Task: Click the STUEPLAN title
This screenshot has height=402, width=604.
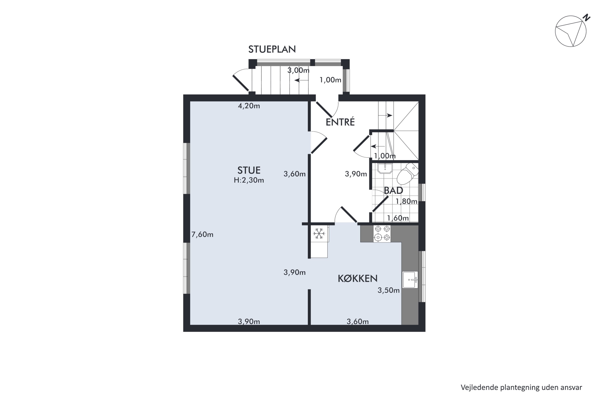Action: coord(272,49)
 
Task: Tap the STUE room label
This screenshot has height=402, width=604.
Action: coord(249,170)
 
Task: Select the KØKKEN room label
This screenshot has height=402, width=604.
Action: coord(358,278)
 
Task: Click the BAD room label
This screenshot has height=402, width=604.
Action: coord(393,191)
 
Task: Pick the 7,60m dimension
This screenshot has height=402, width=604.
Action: coord(202,235)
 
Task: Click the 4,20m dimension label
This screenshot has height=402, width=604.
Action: coord(249,106)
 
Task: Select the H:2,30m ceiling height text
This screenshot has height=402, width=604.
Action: coord(249,180)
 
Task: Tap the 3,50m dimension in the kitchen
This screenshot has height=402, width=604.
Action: coord(389,290)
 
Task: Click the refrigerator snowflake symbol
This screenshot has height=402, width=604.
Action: coord(319,234)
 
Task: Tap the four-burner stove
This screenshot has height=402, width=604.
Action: coord(382,234)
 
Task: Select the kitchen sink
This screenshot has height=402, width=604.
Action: coord(410,280)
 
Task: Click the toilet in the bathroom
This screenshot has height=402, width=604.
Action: coord(407,174)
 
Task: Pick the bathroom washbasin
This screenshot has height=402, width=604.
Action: coord(385,168)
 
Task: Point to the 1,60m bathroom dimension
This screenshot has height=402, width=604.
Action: coord(398,218)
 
